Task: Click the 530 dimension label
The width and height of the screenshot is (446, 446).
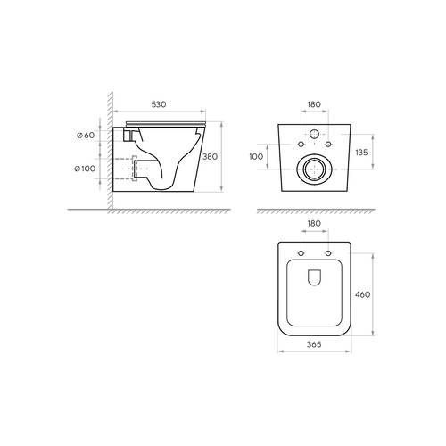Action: click(159, 104)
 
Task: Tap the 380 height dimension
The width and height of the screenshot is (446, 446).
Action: click(211, 156)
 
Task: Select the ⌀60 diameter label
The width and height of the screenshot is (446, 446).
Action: click(86, 136)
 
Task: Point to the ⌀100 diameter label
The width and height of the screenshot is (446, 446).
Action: click(85, 169)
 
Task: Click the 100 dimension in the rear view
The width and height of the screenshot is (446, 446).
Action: click(256, 156)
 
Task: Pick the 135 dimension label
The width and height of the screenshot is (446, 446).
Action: click(361, 153)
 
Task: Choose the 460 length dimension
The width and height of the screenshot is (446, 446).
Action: click(363, 294)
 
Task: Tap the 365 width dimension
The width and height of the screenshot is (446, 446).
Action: click(314, 344)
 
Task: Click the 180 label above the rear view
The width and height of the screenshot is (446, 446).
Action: click(314, 104)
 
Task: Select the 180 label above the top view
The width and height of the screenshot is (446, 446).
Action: click(314, 223)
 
